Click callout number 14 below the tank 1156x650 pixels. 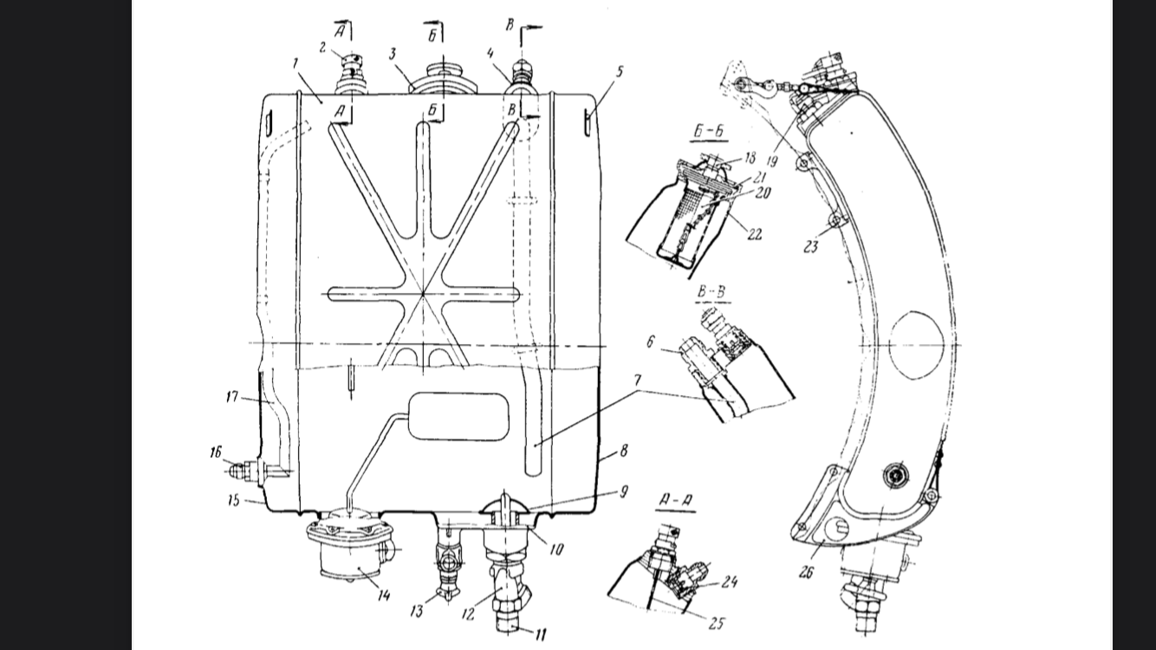click(x=383, y=595)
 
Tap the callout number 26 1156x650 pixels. click(x=806, y=572)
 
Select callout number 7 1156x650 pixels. click(x=637, y=380)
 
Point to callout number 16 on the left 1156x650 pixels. click(x=216, y=452)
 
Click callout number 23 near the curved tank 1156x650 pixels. click(x=811, y=247)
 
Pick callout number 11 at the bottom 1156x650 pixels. click(x=541, y=634)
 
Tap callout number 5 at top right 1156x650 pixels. click(x=620, y=71)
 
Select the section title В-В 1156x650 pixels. click(x=711, y=292)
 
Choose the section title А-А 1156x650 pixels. click(x=676, y=500)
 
